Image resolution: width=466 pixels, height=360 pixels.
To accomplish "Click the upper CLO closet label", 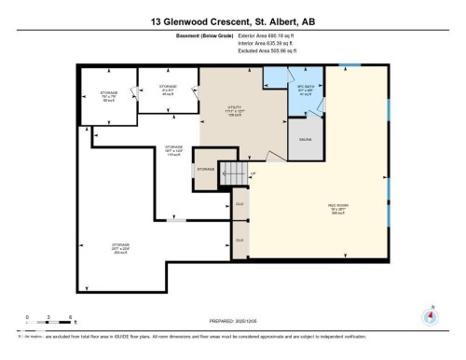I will (x=240, y=203).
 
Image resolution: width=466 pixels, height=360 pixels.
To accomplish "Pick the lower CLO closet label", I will (x=240, y=240).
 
